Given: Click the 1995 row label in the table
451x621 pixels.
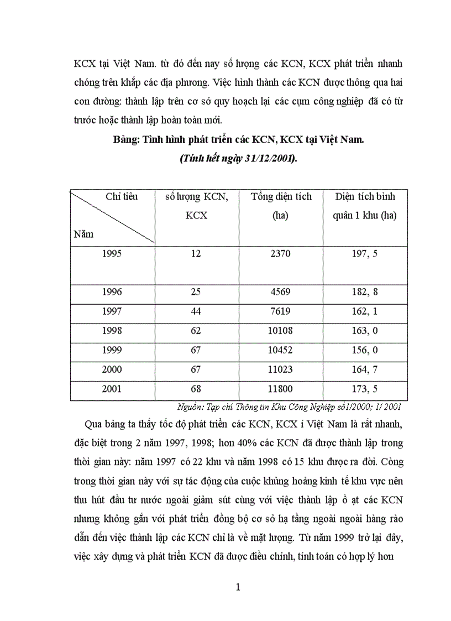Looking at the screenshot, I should tap(112, 254).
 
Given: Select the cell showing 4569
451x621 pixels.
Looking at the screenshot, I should tap(280, 292).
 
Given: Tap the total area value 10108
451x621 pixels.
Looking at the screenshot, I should tap(280, 331).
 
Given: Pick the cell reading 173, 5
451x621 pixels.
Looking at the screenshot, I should tap(364, 389).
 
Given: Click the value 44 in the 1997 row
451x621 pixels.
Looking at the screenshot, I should tap(196, 311).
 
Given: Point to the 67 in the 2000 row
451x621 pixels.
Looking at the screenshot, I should tap(196, 369).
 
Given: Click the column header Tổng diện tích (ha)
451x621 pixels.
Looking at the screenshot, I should tap(281, 206).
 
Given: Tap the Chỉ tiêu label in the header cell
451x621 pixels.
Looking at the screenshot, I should tap(122, 196).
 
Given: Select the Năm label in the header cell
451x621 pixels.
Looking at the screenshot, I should tap(83, 234).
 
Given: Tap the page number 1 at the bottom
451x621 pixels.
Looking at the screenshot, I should tap(238, 587).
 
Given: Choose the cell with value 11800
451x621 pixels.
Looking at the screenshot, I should tap(280, 389).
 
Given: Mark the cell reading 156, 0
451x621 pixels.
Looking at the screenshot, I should tap(364, 350).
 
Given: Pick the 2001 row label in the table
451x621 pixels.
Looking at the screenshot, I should tap(112, 389).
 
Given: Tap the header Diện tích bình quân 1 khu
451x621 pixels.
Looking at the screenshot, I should tap(365, 206).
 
